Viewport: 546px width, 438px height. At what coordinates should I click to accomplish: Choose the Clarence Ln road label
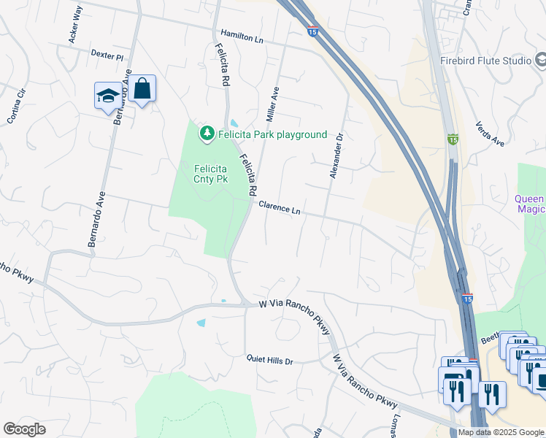click(x=280, y=207)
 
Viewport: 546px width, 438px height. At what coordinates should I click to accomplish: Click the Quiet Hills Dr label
click(x=269, y=361)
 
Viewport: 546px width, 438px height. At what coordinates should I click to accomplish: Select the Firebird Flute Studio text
click(x=485, y=61)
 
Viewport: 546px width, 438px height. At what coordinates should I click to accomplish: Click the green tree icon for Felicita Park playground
click(x=207, y=134)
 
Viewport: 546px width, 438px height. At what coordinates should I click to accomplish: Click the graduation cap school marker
click(x=108, y=96)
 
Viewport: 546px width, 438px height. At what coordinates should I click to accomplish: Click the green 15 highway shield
click(x=453, y=139)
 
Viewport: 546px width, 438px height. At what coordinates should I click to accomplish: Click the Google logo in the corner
click(x=25, y=429)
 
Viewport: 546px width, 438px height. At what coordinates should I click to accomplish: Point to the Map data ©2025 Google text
click(x=500, y=432)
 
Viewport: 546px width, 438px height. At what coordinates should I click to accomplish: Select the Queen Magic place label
click(x=530, y=204)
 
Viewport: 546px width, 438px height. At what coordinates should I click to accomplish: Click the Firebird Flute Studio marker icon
click(x=541, y=61)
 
